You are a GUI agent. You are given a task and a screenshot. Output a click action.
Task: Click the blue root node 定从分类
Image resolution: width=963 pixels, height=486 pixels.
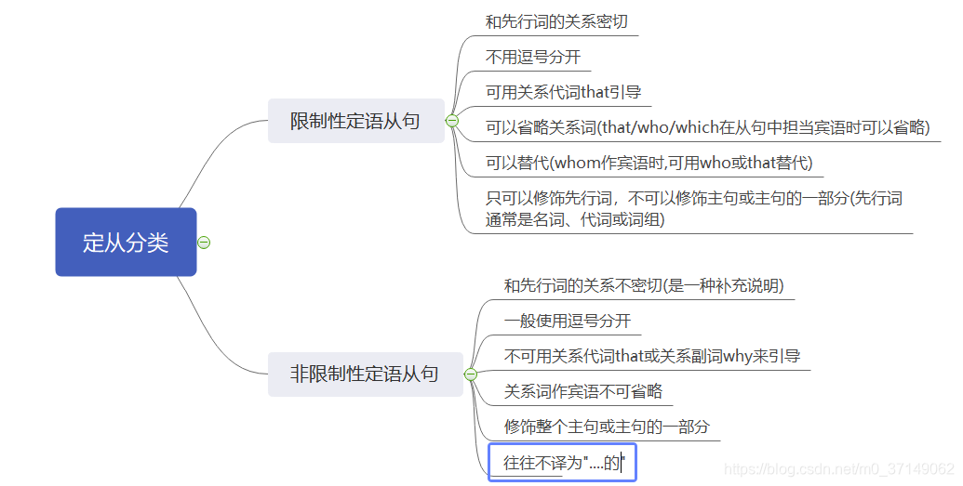pyautogui.click(x=126, y=243)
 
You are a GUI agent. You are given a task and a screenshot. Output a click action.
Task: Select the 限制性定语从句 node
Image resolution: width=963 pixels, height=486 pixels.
pyautogui.click(x=355, y=121)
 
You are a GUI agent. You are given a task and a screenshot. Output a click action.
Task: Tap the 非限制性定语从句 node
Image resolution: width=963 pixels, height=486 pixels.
pyautogui.click(x=365, y=374)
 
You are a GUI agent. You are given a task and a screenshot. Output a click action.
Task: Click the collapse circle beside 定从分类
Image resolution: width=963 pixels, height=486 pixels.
pyautogui.click(x=204, y=243)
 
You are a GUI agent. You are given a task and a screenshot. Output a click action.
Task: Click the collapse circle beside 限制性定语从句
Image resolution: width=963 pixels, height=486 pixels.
pyautogui.click(x=452, y=121)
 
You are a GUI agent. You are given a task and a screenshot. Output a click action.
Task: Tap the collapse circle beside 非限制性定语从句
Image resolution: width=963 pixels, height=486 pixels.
pyautogui.click(x=471, y=374)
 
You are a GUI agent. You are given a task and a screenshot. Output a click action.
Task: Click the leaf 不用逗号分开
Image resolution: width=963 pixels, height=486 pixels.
pyautogui.click(x=532, y=57)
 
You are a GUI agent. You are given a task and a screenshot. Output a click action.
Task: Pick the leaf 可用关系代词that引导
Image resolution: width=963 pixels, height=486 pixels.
pyautogui.click(x=563, y=92)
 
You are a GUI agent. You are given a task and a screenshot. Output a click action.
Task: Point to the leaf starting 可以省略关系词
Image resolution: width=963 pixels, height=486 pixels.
pyautogui.click(x=707, y=127)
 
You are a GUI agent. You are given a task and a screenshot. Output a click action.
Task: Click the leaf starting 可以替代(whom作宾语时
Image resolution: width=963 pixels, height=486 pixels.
pyautogui.click(x=649, y=163)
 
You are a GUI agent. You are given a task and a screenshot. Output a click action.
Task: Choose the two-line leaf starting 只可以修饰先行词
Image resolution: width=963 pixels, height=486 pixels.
pyautogui.click(x=693, y=209)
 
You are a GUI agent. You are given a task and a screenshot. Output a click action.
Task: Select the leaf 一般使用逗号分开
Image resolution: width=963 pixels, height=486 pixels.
pyautogui.click(x=568, y=321)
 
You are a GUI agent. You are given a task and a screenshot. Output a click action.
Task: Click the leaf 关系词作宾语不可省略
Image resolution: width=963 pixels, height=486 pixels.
pyautogui.click(x=582, y=391)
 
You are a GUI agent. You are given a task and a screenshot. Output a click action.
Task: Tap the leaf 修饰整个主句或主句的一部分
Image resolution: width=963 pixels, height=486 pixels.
pyautogui.click(x=607, y=427)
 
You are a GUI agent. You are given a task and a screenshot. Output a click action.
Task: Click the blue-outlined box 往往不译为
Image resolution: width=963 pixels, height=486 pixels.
pyautogui.click(x=563, y=462)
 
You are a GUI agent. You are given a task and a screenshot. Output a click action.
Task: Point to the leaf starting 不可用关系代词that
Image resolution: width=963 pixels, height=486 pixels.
pyautogui.click(x=651, y=356)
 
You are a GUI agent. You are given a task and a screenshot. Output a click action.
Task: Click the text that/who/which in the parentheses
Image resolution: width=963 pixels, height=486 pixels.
pyautogui.click(x=662, y=127)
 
